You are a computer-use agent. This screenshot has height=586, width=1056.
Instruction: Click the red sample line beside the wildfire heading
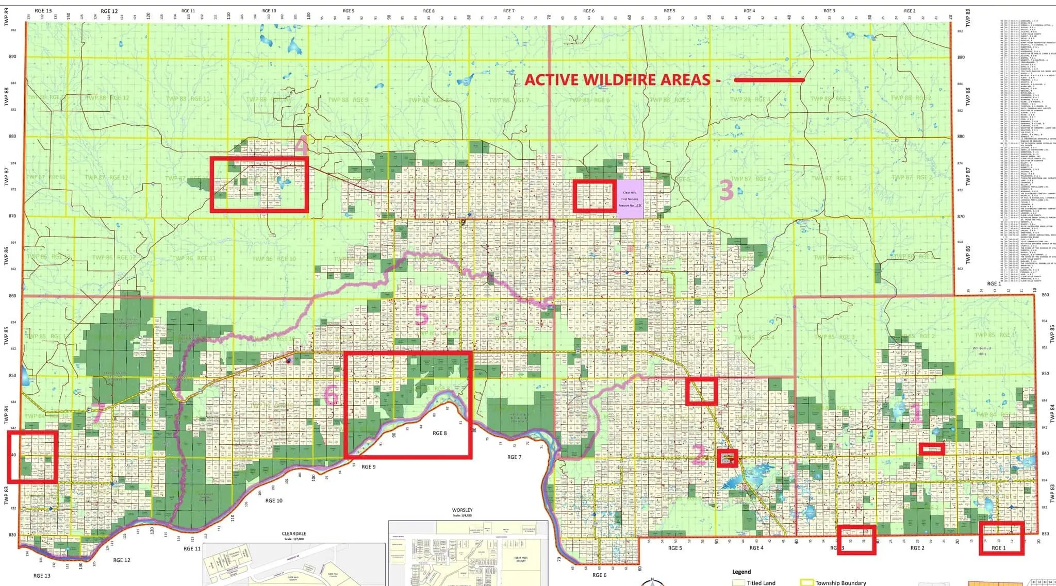point(769,80)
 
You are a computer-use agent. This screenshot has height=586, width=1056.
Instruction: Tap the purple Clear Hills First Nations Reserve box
point(631,198)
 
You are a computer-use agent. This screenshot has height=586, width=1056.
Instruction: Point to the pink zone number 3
point(727,191)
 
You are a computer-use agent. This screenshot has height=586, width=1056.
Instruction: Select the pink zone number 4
point(302,146)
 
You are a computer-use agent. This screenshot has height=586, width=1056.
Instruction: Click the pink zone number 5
point(421,315)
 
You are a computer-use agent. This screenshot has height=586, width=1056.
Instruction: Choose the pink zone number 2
point(698,456)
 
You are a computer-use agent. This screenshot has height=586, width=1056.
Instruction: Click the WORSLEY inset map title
point(462,510)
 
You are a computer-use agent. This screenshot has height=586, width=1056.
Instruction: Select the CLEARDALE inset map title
point(294,534)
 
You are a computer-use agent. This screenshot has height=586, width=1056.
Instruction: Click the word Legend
point(741,572)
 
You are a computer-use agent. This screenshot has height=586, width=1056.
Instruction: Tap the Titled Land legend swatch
point(739,582)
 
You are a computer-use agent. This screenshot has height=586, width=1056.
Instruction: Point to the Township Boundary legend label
point(840,583)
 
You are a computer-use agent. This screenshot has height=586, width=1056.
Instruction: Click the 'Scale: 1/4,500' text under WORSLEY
point(462,515)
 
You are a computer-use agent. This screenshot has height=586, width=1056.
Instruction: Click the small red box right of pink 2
point(727,458)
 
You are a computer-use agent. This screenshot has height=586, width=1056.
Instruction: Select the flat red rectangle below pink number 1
point(932,449)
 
